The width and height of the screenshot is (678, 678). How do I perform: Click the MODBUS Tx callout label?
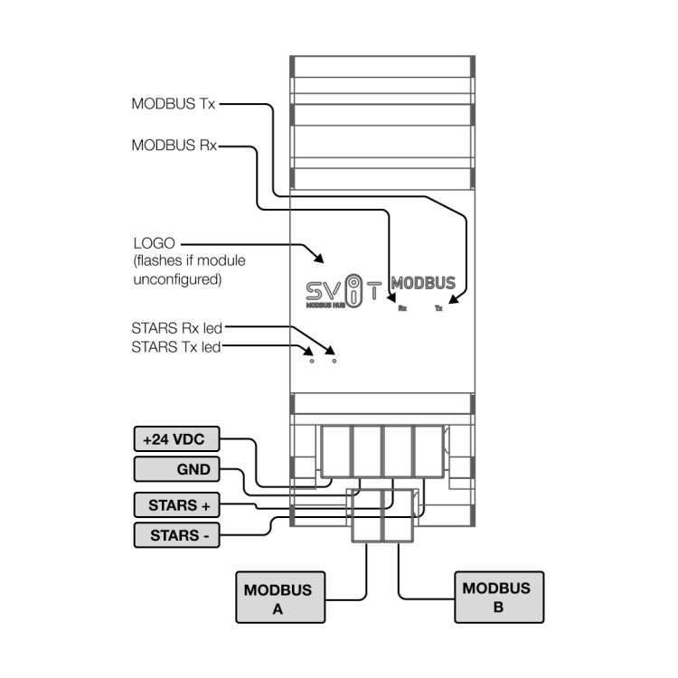174,104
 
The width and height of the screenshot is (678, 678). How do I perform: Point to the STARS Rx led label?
176,327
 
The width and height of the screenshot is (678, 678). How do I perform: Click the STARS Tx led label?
175,346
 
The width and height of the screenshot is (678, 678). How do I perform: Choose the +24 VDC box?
174,440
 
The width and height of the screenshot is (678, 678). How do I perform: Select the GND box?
174,470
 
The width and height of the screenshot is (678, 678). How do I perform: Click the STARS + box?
174,504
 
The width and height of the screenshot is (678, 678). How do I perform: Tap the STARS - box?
174,535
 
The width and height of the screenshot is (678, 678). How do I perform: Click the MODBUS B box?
498,597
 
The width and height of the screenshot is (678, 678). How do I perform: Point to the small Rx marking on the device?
401,308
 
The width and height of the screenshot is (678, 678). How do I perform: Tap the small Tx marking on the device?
438,308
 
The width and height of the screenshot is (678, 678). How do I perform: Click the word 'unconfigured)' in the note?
177,279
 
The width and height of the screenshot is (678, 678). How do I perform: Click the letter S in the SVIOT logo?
312,290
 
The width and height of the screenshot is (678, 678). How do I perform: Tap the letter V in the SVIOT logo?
334,290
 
